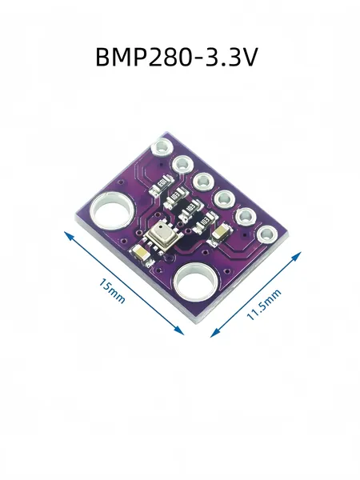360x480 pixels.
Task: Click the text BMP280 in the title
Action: [143, 57]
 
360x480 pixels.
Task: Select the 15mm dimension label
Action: [112, 291]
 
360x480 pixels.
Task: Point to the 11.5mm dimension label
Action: [263, 304]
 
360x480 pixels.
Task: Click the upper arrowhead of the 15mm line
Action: [69, 235]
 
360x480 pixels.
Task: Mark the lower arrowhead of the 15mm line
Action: [179, 331]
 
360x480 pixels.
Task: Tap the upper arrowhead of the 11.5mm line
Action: [296, 256]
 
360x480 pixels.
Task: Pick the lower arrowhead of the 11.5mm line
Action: [215, 333]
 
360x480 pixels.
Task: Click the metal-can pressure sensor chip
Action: [162, 236]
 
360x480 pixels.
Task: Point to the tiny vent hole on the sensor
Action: [160, 228]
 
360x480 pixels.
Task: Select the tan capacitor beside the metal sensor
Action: [140, 254]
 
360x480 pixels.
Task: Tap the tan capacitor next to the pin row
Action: [221, 234]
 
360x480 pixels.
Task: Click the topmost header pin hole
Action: [162, 147]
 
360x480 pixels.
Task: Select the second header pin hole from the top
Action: [182, 165]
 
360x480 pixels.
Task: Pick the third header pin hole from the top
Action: [203, 182]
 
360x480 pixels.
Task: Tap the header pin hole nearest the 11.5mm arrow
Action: [267, 234]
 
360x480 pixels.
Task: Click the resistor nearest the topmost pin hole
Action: [161, 185]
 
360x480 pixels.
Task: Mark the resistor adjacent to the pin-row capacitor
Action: [205, 222]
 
